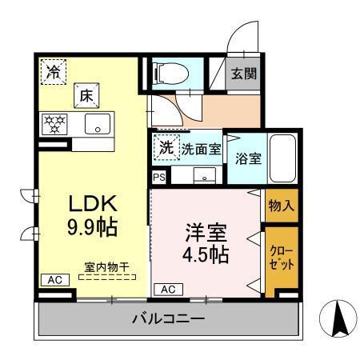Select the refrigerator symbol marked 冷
pyautogui.click(x=53, y=70)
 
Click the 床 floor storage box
pyautogui.click(x=86, y=95)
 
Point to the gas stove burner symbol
pyautogui.click(x=56, y=123)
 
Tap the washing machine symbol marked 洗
pyautogui.click(x=166, y=147)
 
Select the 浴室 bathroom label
pyautogui.click(x=246, y=158)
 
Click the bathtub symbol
pyautogui.click(x=282, y=158)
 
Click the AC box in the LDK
pyautogui.click(x=54, y=280)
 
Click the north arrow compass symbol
pyautogui.click(x=336, y=320)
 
